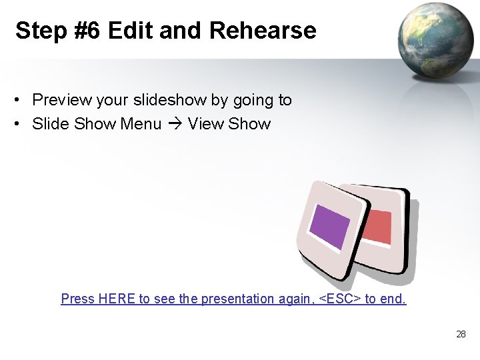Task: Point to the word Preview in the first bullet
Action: coord(62,100)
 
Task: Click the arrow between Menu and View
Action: coord(175,124)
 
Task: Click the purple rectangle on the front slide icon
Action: coord(331,227)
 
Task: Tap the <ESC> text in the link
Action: coord(339,299)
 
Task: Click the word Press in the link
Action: coord(77,299)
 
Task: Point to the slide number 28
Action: coord(461,334)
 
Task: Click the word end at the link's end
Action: coord(392,299)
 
